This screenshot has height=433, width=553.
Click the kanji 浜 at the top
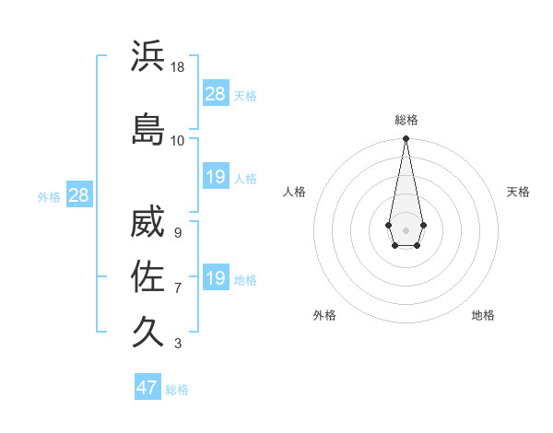point(148,56)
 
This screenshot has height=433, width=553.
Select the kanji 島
point(148,130)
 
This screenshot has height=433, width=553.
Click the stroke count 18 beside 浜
point(178,67)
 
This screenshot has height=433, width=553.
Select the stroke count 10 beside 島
point(178,141)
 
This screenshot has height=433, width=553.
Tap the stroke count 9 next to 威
point(177,233)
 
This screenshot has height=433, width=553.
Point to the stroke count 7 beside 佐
point(177,288)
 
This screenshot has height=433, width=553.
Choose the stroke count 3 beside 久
point(177,344)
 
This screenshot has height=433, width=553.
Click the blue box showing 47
point(147,388)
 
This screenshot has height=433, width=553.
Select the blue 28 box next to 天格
point(215,94)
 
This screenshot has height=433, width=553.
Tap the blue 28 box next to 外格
point(78,195)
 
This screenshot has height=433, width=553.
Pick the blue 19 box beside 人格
point(215,177)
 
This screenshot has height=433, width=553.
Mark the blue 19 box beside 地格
point(215,278)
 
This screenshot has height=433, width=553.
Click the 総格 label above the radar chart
point(406,120)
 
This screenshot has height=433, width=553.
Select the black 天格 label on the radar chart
point(518,192)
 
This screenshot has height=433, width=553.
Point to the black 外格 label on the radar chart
point(324,315)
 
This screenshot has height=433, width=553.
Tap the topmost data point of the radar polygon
point(406,139)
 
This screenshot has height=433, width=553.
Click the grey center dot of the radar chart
point(406,228)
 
